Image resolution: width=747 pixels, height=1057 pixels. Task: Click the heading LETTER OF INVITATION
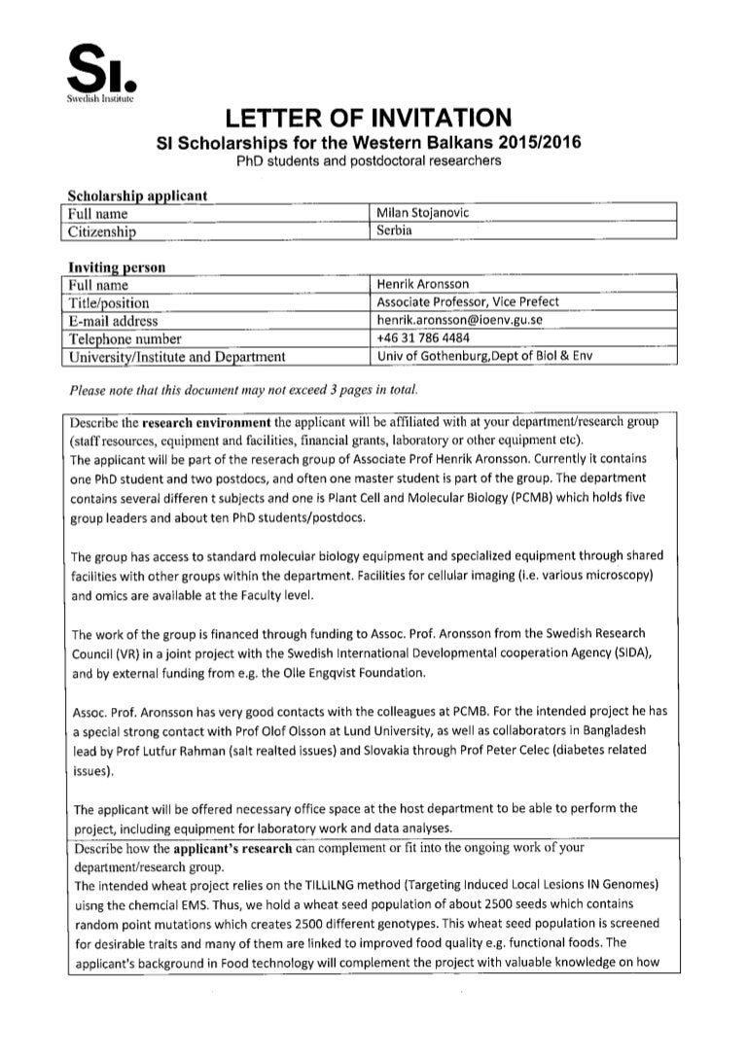(368, 119)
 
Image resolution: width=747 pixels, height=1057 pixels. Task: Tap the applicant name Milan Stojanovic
(423, 213)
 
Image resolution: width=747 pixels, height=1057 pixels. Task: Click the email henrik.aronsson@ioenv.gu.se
(458, 320)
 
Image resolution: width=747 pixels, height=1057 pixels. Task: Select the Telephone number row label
(124, 338)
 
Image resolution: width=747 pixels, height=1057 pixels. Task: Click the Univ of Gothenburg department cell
(483, 356)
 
